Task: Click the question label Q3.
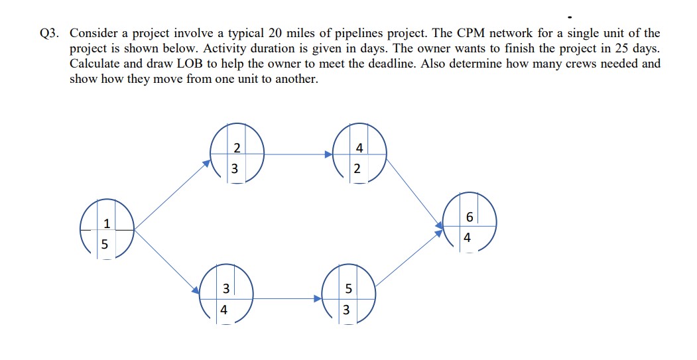click(x=50, y=32)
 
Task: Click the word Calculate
click(x=95, y=64)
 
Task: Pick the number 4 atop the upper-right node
click(x=359, y=147)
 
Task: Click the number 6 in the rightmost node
click(x=470, y=217)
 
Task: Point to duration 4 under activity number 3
click(x=224, y=310)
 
